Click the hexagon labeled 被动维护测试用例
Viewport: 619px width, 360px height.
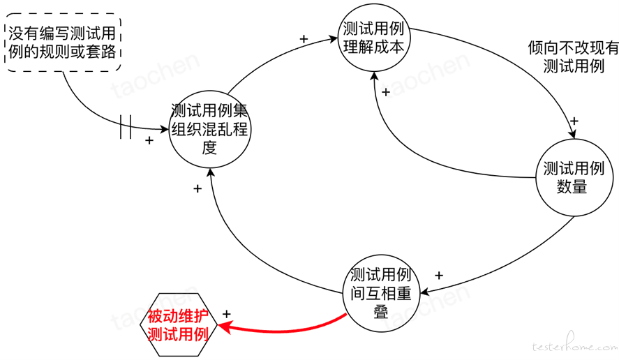179,325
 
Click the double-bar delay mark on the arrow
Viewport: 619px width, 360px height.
126,127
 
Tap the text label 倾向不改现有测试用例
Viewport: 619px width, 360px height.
573,57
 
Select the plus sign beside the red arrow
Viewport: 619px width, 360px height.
226,314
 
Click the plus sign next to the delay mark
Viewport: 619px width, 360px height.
149,140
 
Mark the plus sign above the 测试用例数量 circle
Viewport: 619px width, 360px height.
574,121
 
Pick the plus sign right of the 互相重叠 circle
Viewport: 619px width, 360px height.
439,275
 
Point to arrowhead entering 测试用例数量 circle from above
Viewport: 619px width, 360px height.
572,133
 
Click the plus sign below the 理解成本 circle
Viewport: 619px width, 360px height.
386,92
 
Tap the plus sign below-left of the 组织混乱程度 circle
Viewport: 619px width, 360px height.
197,188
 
